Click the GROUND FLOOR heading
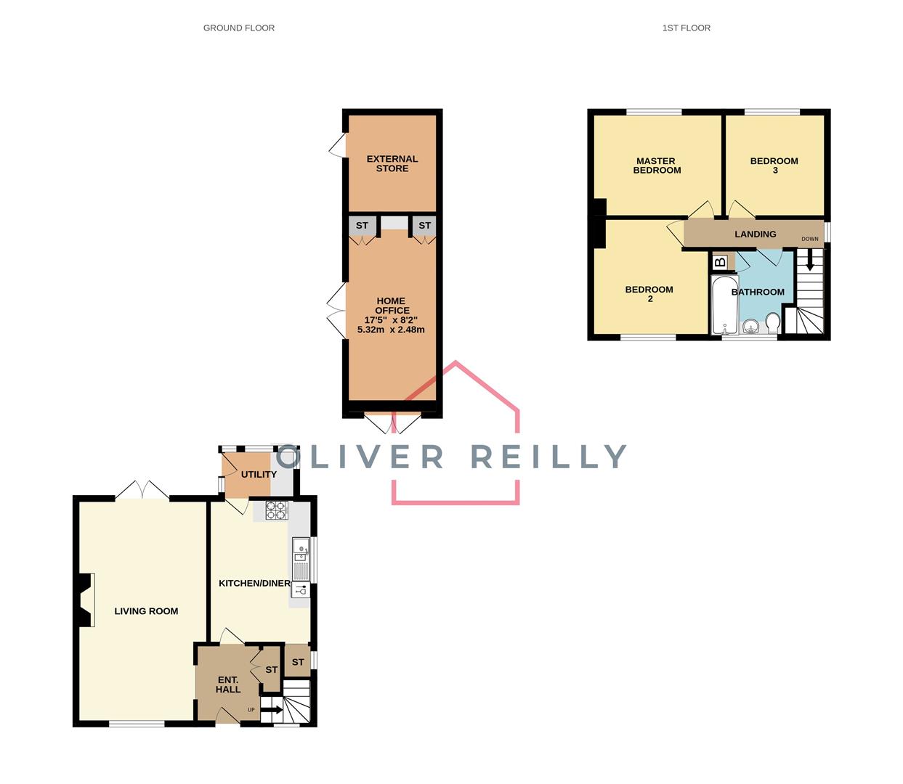pyautogui.click(x=238, y=28)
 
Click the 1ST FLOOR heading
pyautogui.click(x=686, y=28)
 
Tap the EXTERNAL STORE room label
pyautogui.click(x=392, y=163)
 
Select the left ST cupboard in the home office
pyautogui.click(x=362, y=226)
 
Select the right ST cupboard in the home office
pyautogui.click(x=424, y=226)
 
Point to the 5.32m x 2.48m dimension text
pyautogui.click(x=391, y=330)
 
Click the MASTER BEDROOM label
pyautogui.click(x=657, y=166)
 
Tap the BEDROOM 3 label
pyautogui.click(x=774, y=166)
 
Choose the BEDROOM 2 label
pyautogui.click(x=649, y=294)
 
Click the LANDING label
pyautogui.click(x=755, y=234)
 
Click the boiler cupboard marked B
pyautogui.click(x=720, y=262)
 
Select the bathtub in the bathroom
pyautogui.click(x=723, y=305)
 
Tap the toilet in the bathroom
pyautogui.click(x=772, y=322)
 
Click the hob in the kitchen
pyautogui.click(x=276, y=510)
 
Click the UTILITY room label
pyautogui.click(x=259, y=474)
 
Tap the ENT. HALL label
pyautogui.click(x=227, y=685)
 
